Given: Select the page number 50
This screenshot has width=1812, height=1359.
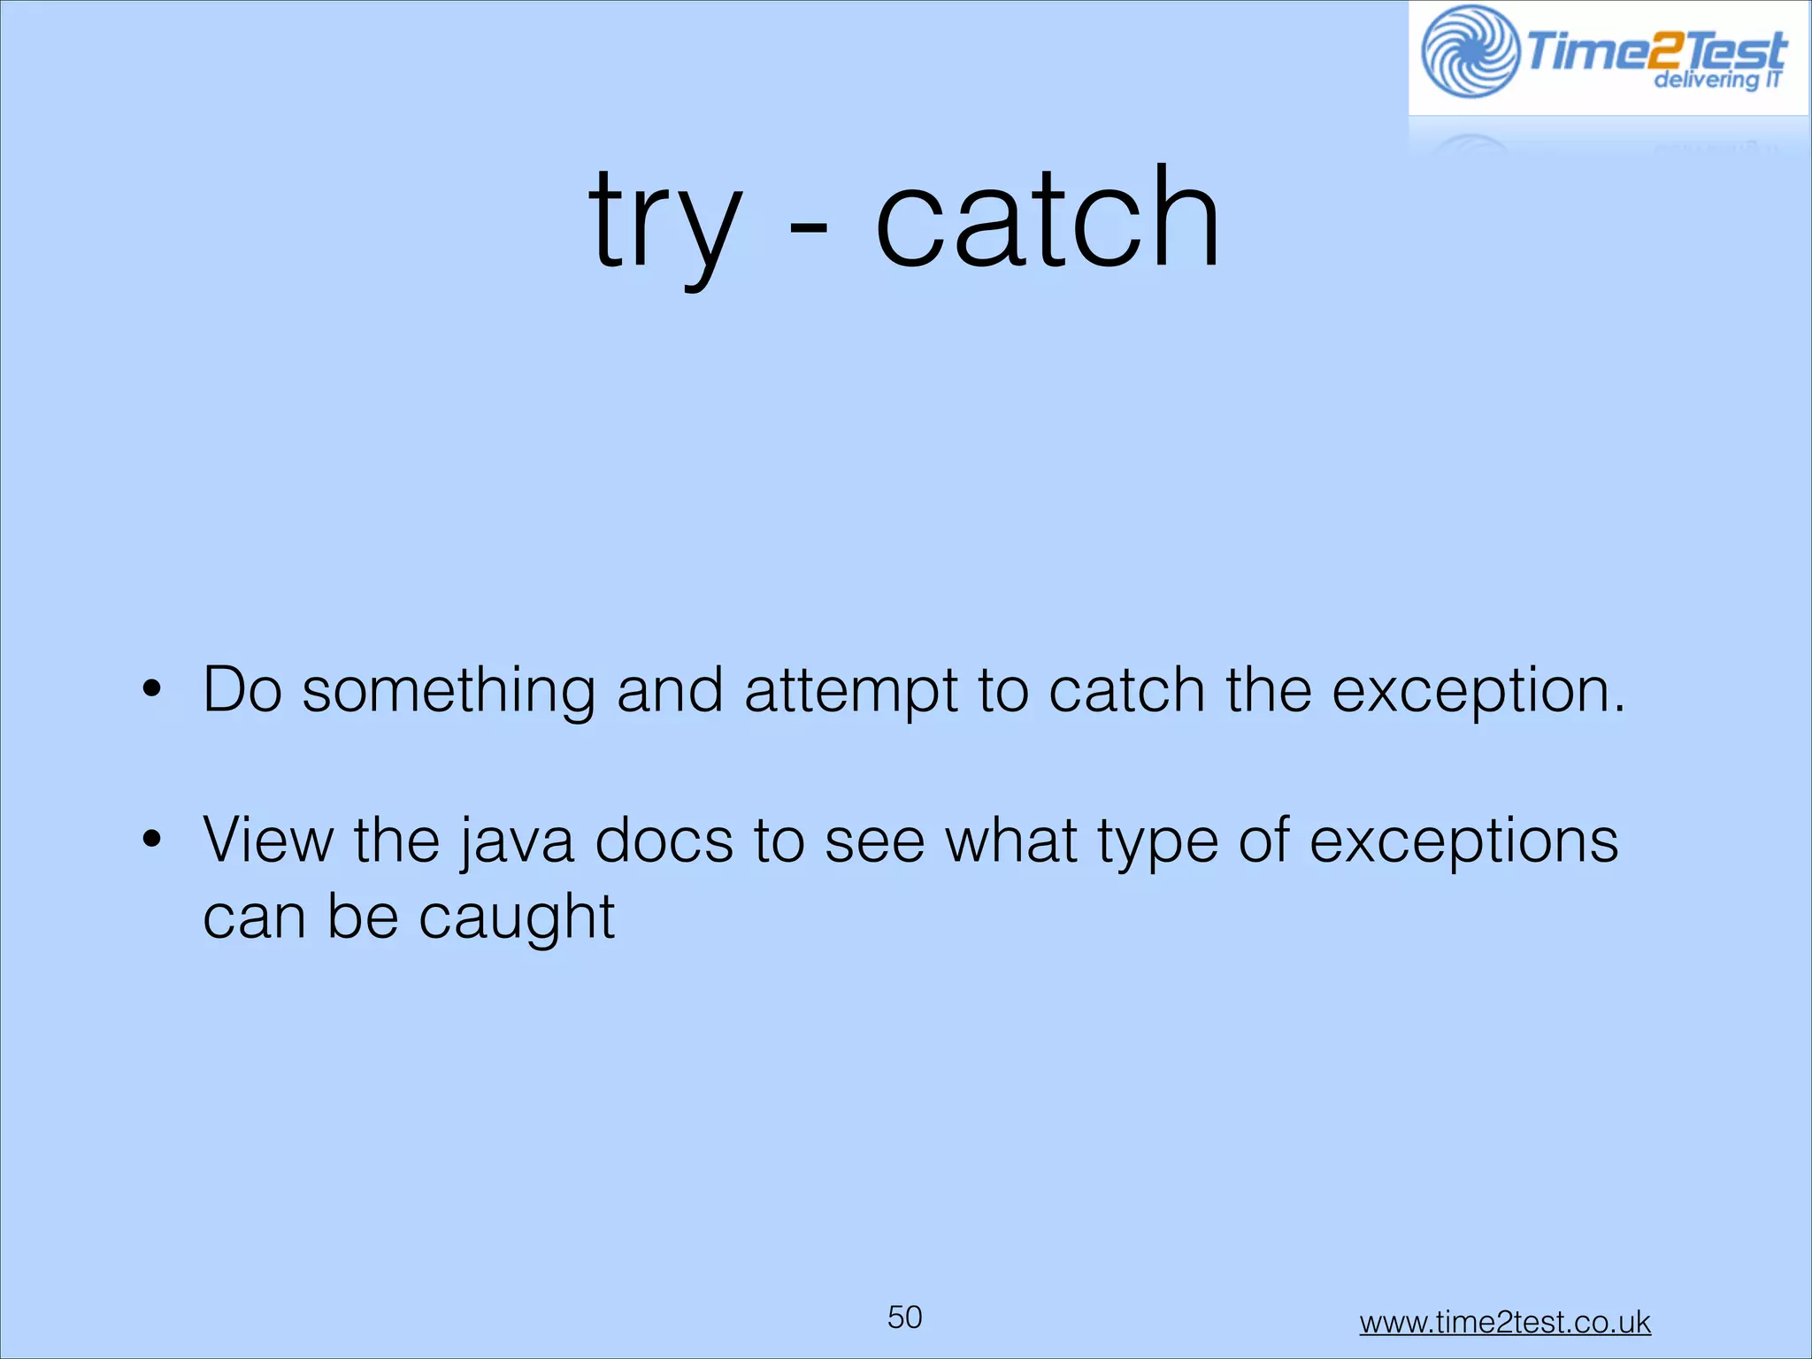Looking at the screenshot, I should coord(904,1317).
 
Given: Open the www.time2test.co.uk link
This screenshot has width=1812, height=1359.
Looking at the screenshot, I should coord(1504,1323).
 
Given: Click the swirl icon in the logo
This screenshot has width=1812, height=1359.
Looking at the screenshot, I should coord(1470,51).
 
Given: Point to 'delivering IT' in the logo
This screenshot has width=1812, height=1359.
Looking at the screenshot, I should coord(1716,81).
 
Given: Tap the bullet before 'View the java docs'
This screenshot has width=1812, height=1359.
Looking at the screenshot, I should coord(152,840).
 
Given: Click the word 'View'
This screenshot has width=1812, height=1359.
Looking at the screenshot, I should coord(268,840).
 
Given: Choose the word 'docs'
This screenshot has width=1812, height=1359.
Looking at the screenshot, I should coord(664,840).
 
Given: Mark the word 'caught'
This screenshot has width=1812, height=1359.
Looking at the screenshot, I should coord(516,918).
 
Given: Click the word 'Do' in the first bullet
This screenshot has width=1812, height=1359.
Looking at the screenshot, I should coord(242,689).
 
